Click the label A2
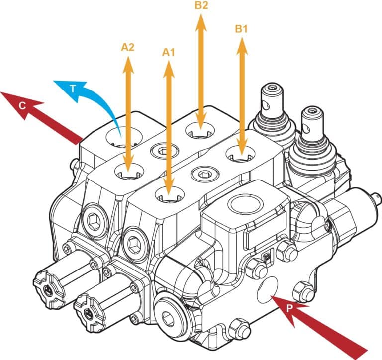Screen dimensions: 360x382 coord(128,48)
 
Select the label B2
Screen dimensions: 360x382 coord(201,6)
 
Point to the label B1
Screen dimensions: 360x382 coord(242,29)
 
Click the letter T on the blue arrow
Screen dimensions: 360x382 coord(73,90)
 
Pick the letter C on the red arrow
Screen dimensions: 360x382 coord(22,105)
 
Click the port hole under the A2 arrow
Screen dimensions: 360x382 coord(128,173)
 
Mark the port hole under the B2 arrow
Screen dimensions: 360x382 coord(200,132)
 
